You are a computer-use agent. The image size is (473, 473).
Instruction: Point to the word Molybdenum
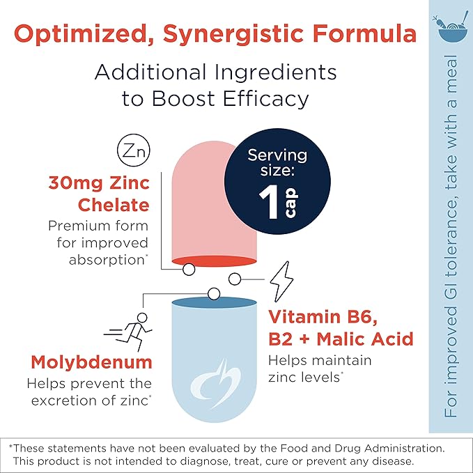point(91,363)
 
